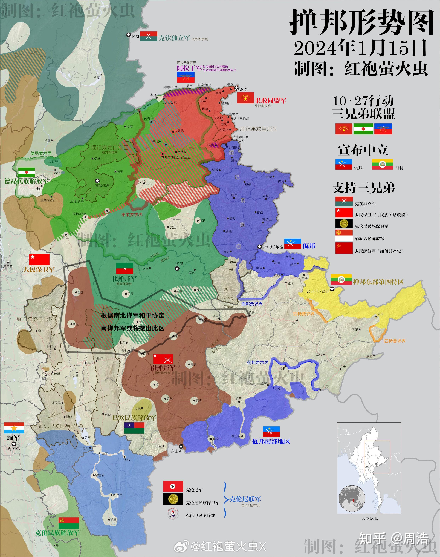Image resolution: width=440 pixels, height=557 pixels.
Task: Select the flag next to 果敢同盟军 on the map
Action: point(245,98)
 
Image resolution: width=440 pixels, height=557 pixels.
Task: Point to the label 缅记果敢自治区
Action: point(258,129)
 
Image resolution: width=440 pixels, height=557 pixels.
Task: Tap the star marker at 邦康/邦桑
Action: point(260,247)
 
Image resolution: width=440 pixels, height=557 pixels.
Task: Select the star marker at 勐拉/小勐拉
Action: point(332,289)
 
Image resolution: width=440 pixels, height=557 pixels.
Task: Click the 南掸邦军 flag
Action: point(163,359)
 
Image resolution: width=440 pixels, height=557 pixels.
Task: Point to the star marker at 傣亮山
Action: point(181,446)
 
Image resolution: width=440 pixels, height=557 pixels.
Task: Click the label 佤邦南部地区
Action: point(271,441)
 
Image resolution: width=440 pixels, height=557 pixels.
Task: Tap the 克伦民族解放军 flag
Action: point(68,523)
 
